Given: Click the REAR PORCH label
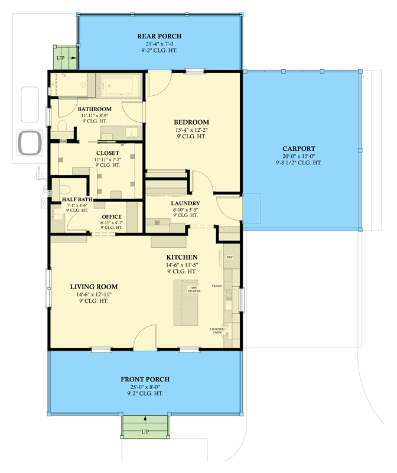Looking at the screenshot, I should (159, 37).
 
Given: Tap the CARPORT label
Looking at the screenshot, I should (298, 148).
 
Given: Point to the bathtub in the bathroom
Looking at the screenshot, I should (120, 87).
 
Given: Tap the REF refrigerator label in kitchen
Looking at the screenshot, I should (230, 258).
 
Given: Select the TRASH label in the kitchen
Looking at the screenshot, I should (217, 286).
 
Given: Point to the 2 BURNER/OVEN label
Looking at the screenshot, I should (216, 331).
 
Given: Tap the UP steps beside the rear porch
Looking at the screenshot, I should (61, 58).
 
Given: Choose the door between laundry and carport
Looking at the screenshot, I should (227, 207).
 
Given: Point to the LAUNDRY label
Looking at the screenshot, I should (186, 203).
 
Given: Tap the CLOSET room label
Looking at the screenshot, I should (107, 153).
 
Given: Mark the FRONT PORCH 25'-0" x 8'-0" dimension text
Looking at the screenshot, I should (145, 386).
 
